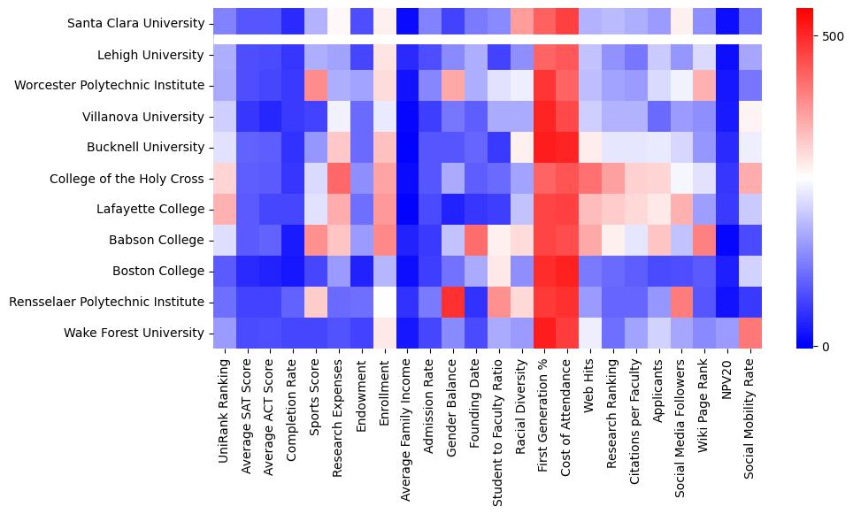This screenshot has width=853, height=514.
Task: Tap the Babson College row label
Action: coord(159,240)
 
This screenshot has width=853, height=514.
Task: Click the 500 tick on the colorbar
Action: coord(833,36)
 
